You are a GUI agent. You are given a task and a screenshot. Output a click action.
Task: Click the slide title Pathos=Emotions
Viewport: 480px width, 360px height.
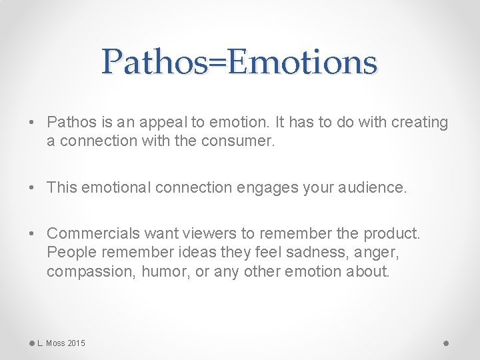(240, 62)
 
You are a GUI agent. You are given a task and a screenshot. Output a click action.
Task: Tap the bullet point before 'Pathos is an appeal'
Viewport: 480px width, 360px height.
(32, 123)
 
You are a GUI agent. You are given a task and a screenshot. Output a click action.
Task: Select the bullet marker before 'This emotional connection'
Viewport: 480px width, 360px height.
(32, 188)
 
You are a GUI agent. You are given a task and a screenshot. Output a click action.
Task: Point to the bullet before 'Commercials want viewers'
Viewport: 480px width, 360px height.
(32, 234)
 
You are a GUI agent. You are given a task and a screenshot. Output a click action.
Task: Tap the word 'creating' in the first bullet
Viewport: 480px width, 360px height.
(421, 123)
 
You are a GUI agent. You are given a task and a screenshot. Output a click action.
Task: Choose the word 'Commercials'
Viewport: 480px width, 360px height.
(87, 234)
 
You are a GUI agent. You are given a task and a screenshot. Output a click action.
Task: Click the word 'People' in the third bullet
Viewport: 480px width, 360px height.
(67, 253)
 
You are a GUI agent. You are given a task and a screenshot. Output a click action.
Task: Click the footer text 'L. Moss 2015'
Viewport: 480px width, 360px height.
(61, 343)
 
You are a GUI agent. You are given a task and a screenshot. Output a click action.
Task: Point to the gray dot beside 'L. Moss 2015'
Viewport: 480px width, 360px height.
(31, 343)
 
